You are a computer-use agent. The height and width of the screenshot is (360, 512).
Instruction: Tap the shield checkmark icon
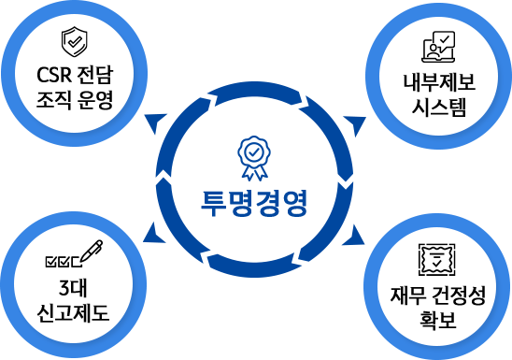[76, 42]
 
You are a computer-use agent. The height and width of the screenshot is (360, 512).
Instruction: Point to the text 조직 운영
[75, 99]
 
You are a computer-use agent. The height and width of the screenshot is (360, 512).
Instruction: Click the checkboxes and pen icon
[73, 253]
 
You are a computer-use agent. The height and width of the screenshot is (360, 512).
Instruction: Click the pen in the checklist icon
[92, 251]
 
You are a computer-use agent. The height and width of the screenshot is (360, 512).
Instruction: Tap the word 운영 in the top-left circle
[95, 99]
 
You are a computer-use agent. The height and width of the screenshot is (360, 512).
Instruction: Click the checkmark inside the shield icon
[76, 42]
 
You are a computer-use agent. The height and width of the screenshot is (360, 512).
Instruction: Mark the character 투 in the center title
[213, 203]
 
